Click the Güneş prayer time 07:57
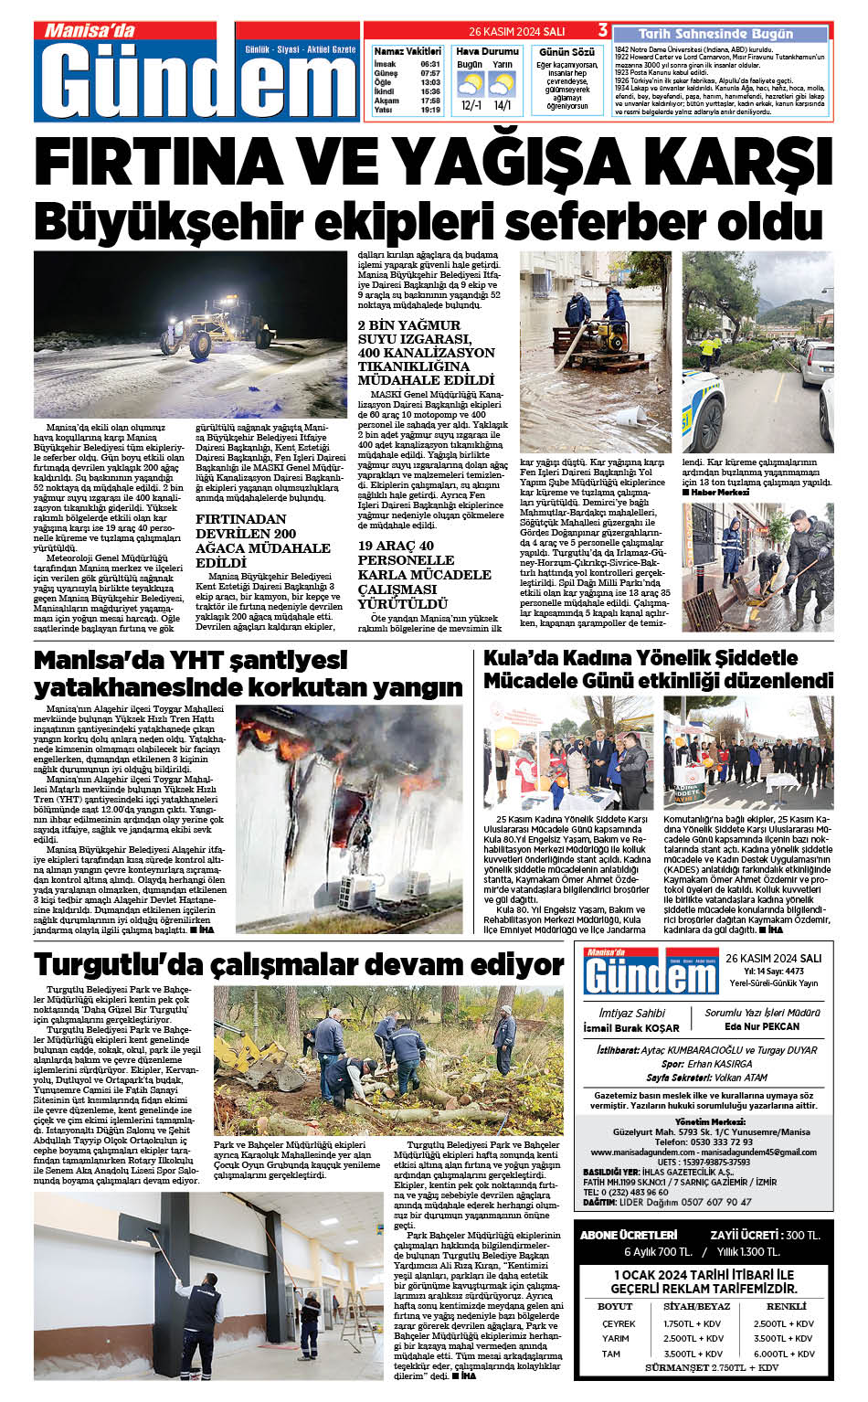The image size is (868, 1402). point(430,73)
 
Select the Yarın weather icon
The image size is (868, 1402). point(502,84)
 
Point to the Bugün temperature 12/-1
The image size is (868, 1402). point(471,105)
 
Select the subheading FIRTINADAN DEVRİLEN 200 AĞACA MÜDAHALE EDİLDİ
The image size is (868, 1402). point(263,540)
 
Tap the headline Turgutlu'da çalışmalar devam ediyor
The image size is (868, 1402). point(298,965)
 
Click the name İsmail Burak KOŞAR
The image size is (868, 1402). point(631,1028)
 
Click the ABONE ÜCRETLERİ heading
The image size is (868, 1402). point(629,1235)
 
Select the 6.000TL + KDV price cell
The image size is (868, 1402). point(784,1354)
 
